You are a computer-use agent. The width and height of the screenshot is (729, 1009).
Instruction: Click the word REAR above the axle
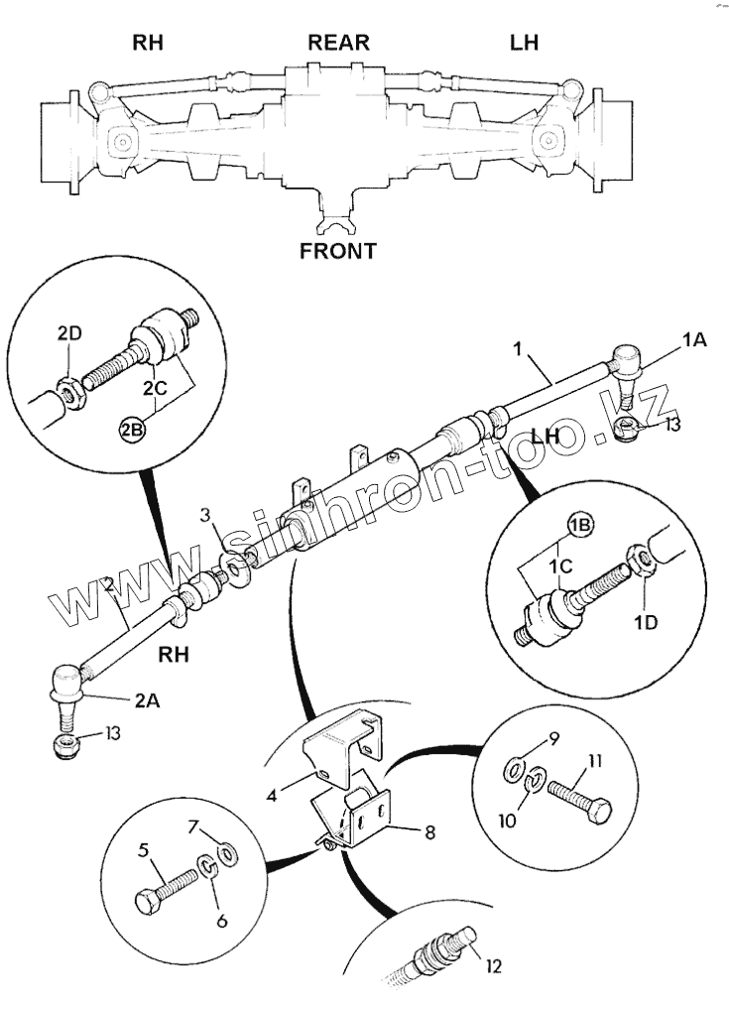[338, 43]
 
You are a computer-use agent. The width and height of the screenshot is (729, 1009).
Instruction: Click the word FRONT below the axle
[337, 251]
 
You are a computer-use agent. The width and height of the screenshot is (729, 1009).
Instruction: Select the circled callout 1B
[579, 524]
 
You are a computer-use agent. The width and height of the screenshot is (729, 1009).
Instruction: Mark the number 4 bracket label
[272, 794]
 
